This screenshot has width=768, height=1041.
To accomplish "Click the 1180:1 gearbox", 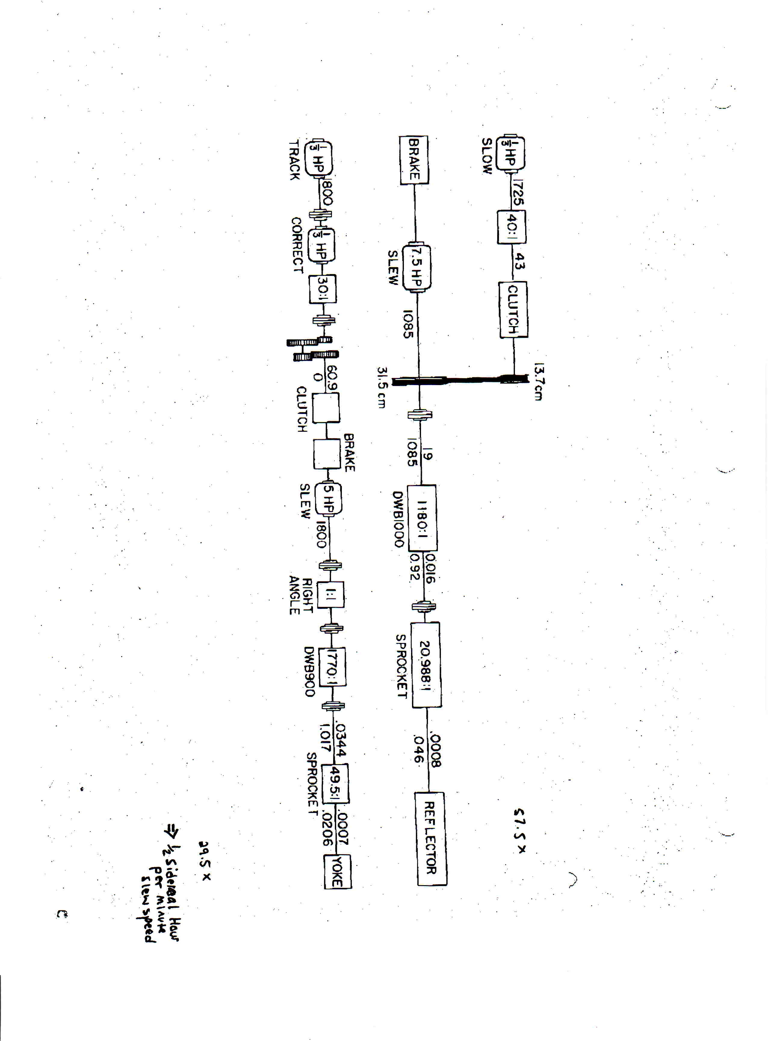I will [422, 518].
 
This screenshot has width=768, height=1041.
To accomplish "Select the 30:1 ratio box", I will [323, 289].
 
